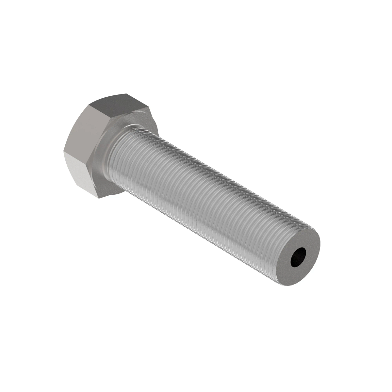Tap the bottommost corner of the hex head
tap(98, 198)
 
